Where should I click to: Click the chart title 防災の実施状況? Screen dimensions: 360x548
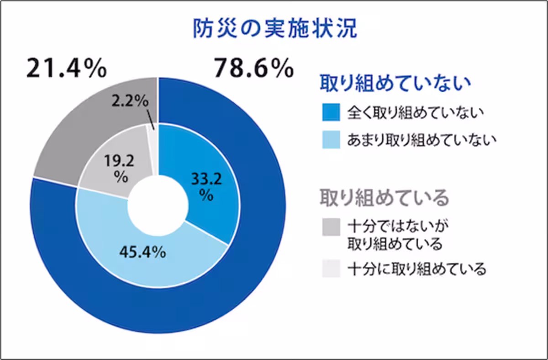(274, 28)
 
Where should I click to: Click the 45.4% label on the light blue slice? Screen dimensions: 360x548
(142, 252)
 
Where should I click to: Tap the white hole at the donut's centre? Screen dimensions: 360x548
(158, 206)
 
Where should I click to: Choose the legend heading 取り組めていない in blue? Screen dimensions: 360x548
(395, 84)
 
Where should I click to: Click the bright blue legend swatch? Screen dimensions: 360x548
(330, 112)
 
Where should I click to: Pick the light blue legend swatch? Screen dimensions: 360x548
(330, 140)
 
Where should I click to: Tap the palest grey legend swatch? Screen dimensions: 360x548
(330, 269)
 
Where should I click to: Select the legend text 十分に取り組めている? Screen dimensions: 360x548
(416, 269)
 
